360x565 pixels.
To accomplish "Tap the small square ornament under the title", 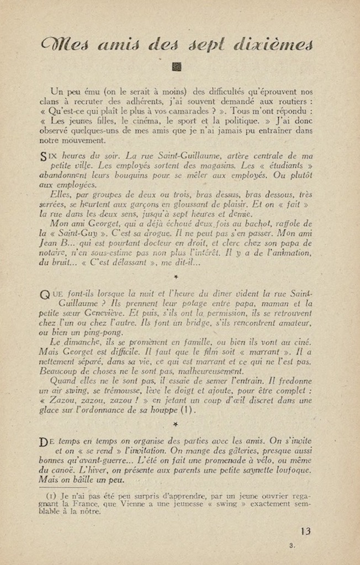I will (177, 67).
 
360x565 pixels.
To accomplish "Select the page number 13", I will (305, 531).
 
